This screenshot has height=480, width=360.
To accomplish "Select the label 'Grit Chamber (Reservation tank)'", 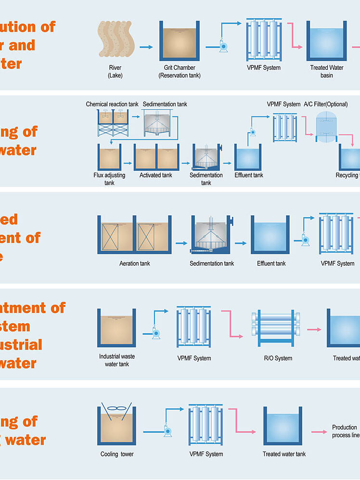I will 180,72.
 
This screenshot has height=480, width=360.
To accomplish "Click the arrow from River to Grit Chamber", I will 146,47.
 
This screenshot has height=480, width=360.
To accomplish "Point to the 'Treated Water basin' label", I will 327,72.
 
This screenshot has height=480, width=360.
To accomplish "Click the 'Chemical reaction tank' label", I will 112,104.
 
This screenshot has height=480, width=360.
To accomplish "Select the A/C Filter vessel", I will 326,125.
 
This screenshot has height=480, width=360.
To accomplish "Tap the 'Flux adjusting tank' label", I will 109,178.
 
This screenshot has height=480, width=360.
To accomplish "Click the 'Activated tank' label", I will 156,175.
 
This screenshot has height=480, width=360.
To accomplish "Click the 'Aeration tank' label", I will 135,264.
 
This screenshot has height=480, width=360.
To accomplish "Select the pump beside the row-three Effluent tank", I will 305,240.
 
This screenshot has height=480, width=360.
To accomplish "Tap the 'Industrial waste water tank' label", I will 117,360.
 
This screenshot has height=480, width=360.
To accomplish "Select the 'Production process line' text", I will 345,431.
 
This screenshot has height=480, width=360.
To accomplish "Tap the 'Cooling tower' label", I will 117,454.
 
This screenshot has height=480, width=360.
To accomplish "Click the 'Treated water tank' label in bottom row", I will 284,454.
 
